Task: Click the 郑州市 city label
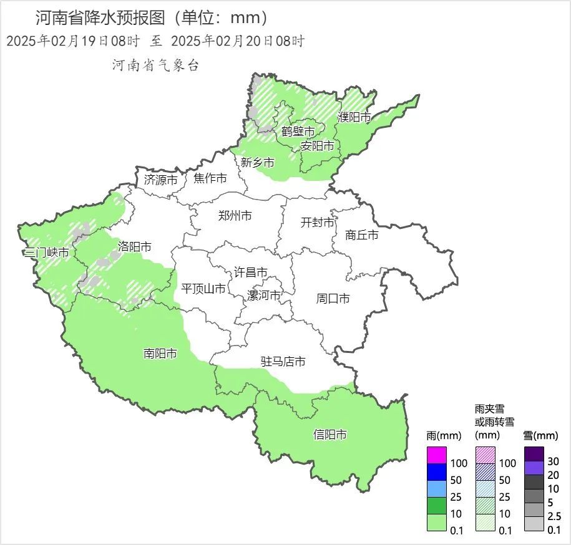point(235,216)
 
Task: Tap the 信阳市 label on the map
point(330,435)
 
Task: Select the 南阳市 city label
point(160,354)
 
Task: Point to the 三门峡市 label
point(46,253)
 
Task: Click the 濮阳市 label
point(354,117)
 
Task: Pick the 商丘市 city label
point(362,235)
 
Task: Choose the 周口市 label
point(333,299)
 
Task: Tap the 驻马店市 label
point(283,362)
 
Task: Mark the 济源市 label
point(161,180)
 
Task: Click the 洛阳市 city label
point(135,246)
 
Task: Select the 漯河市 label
point(264,295)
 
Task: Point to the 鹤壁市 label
point(298,131)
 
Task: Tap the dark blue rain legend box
point(437,472)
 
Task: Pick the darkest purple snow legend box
point(534,453)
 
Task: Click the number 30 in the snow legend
point(554,462)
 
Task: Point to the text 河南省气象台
point(155,65)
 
